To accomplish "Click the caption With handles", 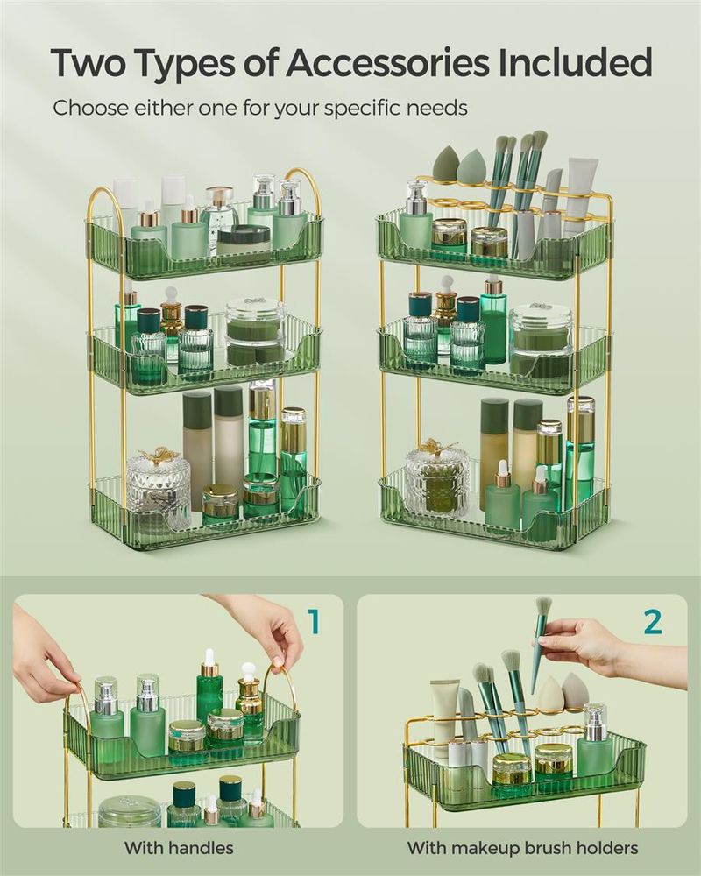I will [179, 847].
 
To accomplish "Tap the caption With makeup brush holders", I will [522, 847].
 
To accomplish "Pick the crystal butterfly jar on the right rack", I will [435, 477].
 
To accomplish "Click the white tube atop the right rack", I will [579, 193].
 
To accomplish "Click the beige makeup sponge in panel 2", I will [574, 692].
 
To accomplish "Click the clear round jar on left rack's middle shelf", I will [254, 333].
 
